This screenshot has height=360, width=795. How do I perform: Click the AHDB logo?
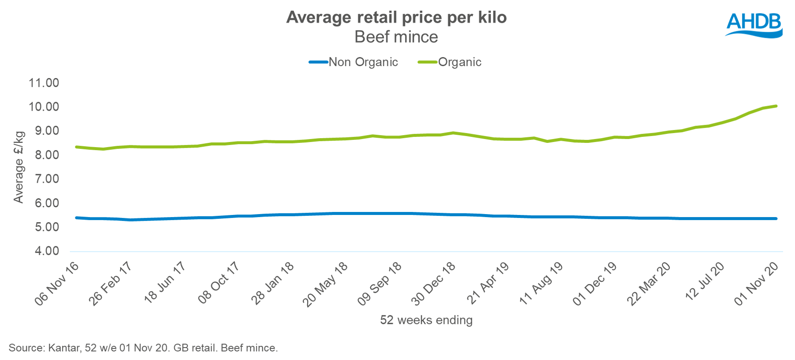754,24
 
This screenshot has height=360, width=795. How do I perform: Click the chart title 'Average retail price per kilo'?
396,18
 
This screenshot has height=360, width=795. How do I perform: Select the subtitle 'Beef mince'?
396,37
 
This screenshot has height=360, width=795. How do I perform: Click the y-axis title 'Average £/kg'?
18,167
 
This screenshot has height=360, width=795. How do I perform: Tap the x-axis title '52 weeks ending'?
426,320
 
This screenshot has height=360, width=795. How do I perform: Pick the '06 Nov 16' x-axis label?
57,284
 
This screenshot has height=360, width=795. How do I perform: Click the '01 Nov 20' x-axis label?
756,284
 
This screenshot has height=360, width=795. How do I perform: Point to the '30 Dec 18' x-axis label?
433,284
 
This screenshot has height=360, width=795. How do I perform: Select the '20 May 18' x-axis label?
326,284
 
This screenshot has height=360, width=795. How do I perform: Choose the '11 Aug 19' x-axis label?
541,284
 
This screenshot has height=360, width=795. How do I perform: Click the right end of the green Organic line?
776,106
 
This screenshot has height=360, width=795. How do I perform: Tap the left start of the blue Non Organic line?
76,218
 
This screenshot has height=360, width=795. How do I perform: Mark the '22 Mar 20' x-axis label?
649,284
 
